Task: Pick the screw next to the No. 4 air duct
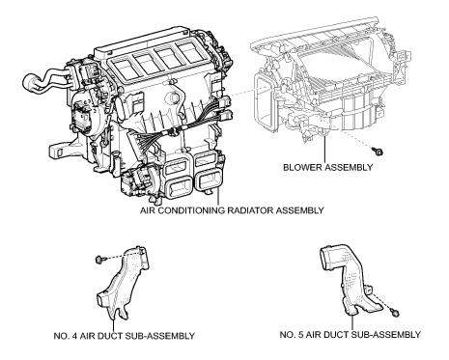[x=99, y=258]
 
